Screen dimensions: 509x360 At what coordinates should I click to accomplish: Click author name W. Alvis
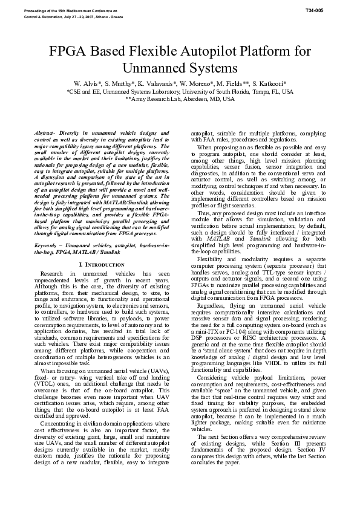[x=86, y=82]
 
